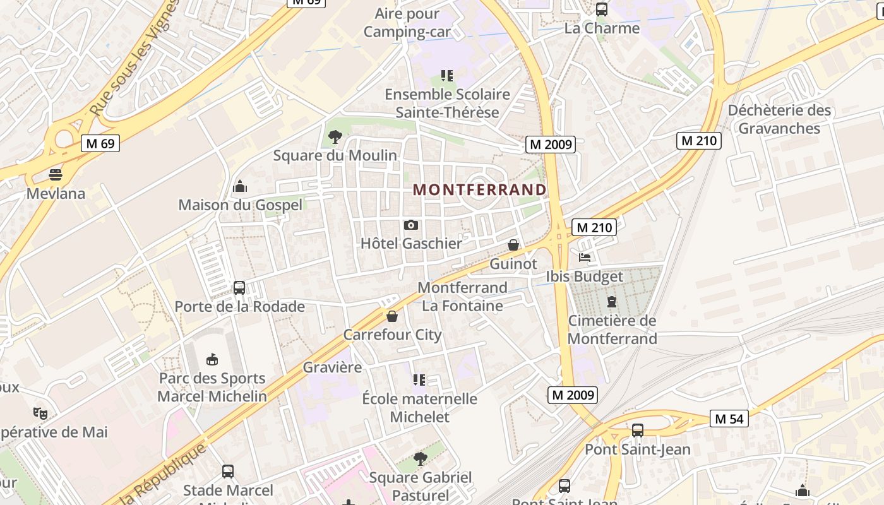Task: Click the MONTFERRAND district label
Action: point(480,189)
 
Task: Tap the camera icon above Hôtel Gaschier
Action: point(410,225)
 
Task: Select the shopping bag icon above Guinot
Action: point(513,245)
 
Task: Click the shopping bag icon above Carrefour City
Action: point(392,316)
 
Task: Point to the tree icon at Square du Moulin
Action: point(335,136)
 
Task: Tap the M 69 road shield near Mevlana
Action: point(100,143)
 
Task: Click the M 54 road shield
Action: point(729,419)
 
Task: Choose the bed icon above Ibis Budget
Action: point(585,258)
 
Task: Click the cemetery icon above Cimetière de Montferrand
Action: point(611,302)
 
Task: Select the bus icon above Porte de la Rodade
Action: point(239,288)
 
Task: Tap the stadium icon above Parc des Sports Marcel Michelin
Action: point(212,359)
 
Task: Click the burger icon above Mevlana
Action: point(56,174)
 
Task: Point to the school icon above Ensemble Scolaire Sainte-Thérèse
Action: point(447,76)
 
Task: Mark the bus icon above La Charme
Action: point(602,9)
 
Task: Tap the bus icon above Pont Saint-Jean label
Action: point(638,431)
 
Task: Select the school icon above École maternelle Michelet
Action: point(419,380)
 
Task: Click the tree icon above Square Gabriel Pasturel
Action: point(420,459)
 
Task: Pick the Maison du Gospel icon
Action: point(240,186)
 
